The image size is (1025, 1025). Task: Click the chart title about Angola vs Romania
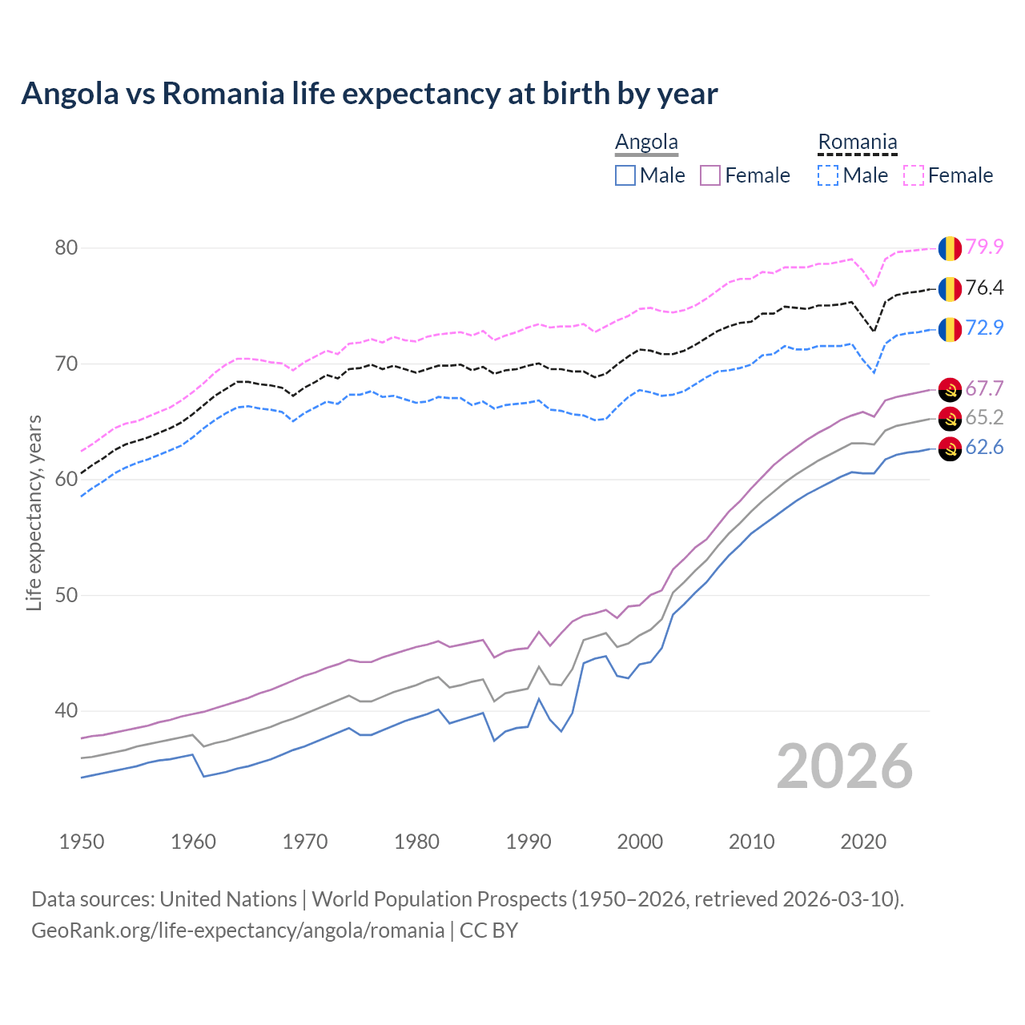[x=369, y=94]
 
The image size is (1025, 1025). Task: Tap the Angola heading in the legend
[x=646, y=142]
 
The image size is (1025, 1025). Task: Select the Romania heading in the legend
[x=857, y=142]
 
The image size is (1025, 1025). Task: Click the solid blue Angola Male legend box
[x=625, y=175]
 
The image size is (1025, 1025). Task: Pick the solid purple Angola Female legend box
[x=710, y=175]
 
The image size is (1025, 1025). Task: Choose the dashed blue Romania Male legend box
[x=829, y=175]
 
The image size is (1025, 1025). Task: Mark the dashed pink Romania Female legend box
[x=914, y=175]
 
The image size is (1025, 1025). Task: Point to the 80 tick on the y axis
[x=66, y=247]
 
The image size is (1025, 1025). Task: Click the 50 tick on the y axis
[x=66, y=595]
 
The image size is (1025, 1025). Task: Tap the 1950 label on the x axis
[x=82, y=842]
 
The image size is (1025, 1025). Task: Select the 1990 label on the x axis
[x=529, y=842]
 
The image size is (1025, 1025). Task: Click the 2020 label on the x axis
[x=863, y=842]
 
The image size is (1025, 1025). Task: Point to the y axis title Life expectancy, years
[x=34, y=512]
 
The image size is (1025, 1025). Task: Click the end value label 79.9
[x=984, y=247]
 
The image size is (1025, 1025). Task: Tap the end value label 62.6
[x=984, y=447]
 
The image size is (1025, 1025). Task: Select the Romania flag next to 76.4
[x=950, y=288]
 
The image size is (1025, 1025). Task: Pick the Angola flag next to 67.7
[x=950, y=389]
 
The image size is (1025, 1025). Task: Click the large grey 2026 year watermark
[x=844, y=766]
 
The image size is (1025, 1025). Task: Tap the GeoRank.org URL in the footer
[x=238, y=930]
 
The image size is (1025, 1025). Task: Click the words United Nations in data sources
[x=228, y=898]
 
